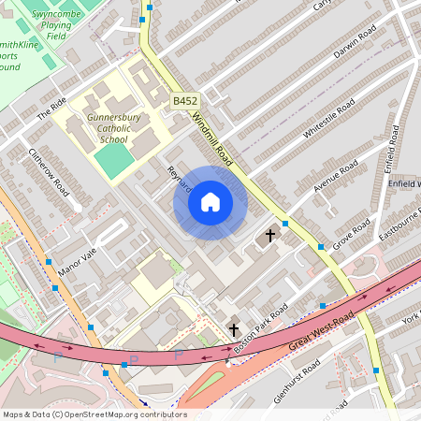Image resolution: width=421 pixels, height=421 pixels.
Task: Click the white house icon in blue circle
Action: coord(210,201)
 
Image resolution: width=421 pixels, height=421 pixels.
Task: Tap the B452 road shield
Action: coord(185,100)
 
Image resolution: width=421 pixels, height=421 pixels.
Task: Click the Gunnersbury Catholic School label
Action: coord(113,128)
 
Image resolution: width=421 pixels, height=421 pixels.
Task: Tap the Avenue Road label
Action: coord(336,177)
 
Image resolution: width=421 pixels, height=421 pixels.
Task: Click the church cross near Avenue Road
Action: coord(271,236)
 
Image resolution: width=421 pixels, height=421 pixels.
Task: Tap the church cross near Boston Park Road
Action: coord(234,329)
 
